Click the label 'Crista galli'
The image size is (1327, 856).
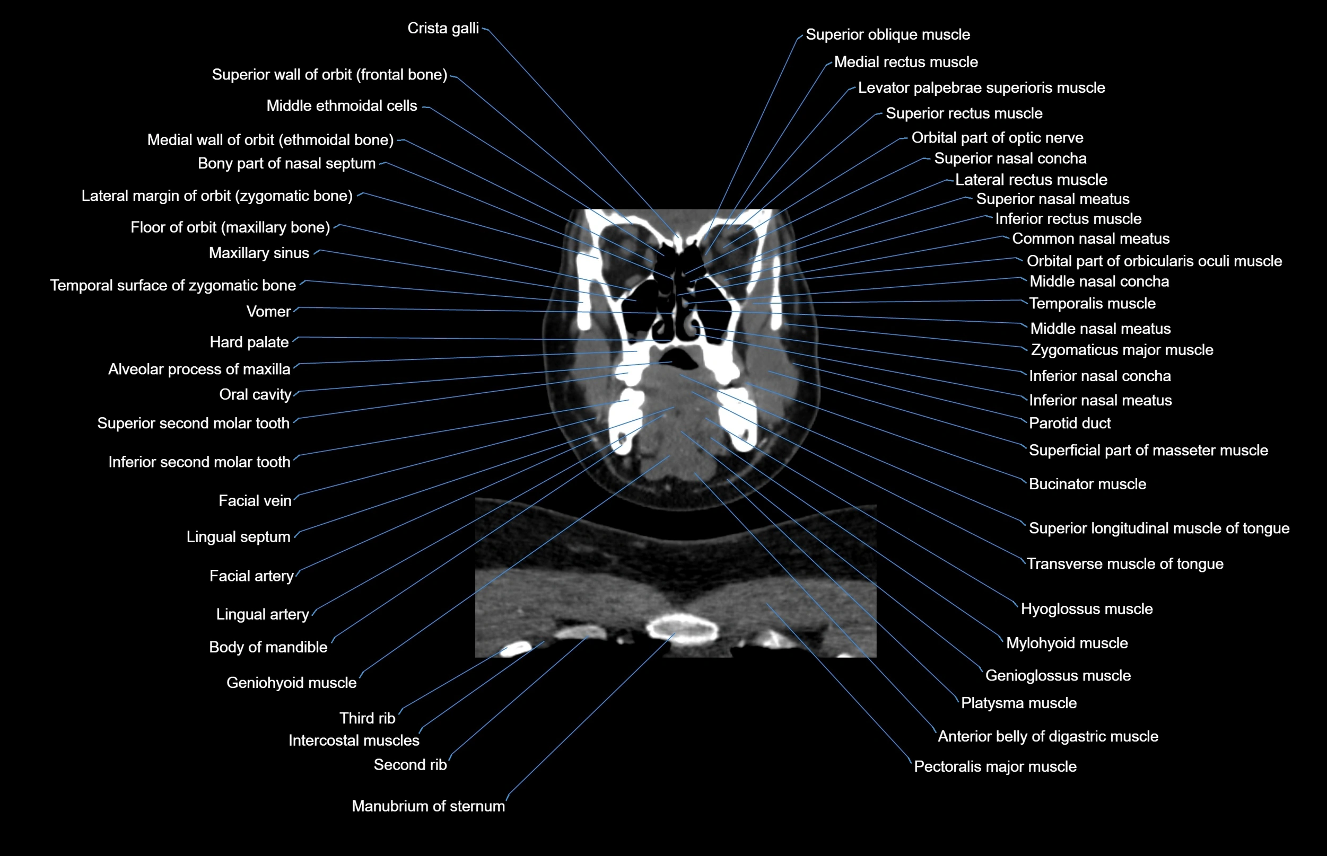pyautogui.click(x=443, y=28)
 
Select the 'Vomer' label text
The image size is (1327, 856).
pyautogui.click(x=268, y=311)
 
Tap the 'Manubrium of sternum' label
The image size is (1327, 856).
pyautogui.click(x=428, y=806)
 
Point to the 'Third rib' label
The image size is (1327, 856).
pyautogui.click(x=367, y=718)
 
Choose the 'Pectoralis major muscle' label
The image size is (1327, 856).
pyautogui.click(x=995, y=766)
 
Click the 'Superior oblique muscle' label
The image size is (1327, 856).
pyautogui.click(x=888, y=34)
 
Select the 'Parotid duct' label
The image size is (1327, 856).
pyautogui.click(x=1069, y=423)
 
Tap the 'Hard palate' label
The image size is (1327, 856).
pyautogui.click(x=249, y=342)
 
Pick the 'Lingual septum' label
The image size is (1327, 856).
pyautogui.click(x=238, y=536)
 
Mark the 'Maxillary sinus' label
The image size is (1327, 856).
pyautogui.click(x=259, y=253)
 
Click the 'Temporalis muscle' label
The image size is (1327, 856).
pyautogui.click(x=1092, y=304)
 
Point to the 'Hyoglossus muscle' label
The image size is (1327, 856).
pyautogui.click(x=1087, y=608)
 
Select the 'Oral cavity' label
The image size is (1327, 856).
pyautogui.click(x=255, y=394)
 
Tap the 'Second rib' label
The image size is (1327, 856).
pyautogui.click(x=410, y=765)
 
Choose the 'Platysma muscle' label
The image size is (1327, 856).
pyautogui.click(x=1018, y=703)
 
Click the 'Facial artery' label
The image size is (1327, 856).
pyautogui.click(x=251, y=576)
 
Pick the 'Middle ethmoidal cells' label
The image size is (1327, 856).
pyautogui.click(x=342, y=105)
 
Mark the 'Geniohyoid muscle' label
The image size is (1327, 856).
pyautogui.click(x=291, y=683)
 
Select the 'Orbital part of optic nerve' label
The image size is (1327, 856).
pyautogui.click(x=997, y=137)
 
